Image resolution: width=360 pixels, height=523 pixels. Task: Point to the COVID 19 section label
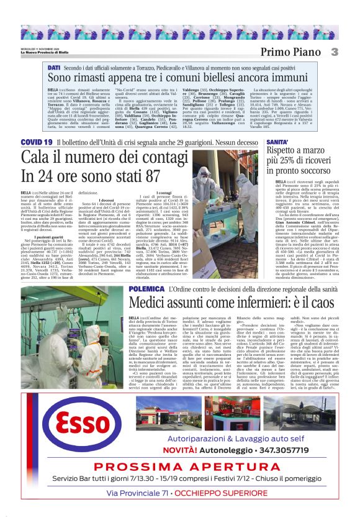(36, 142)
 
